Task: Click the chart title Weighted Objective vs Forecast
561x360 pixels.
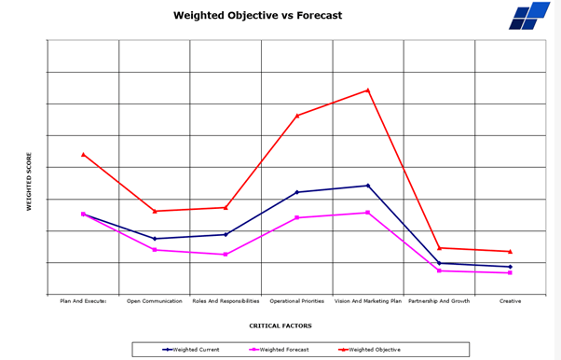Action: [257, 16]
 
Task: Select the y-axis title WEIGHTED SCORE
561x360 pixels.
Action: [29, 181]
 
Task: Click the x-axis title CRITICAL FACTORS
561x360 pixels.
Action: [280, 325]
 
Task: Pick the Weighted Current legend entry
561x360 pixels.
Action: [192, 349]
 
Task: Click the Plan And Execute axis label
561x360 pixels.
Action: [83, 301]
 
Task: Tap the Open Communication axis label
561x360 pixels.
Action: [155, 301]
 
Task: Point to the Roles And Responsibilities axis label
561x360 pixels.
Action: [226, 301]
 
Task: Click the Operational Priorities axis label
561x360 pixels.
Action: [297, 301]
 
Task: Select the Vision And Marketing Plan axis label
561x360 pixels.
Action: [368, 301]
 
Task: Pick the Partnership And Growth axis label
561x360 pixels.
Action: [439, 301]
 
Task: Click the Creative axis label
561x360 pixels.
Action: [510, 301]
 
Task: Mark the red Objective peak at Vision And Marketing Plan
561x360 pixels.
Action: [368, 90]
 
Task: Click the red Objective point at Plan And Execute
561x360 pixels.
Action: [83, 155]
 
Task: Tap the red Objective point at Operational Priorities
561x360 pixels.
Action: [297, 116]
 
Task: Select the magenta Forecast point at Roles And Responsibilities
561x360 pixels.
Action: [226, 255]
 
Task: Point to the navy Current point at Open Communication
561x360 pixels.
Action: [155, 239]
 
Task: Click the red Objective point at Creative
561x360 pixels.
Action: [510, 252]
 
